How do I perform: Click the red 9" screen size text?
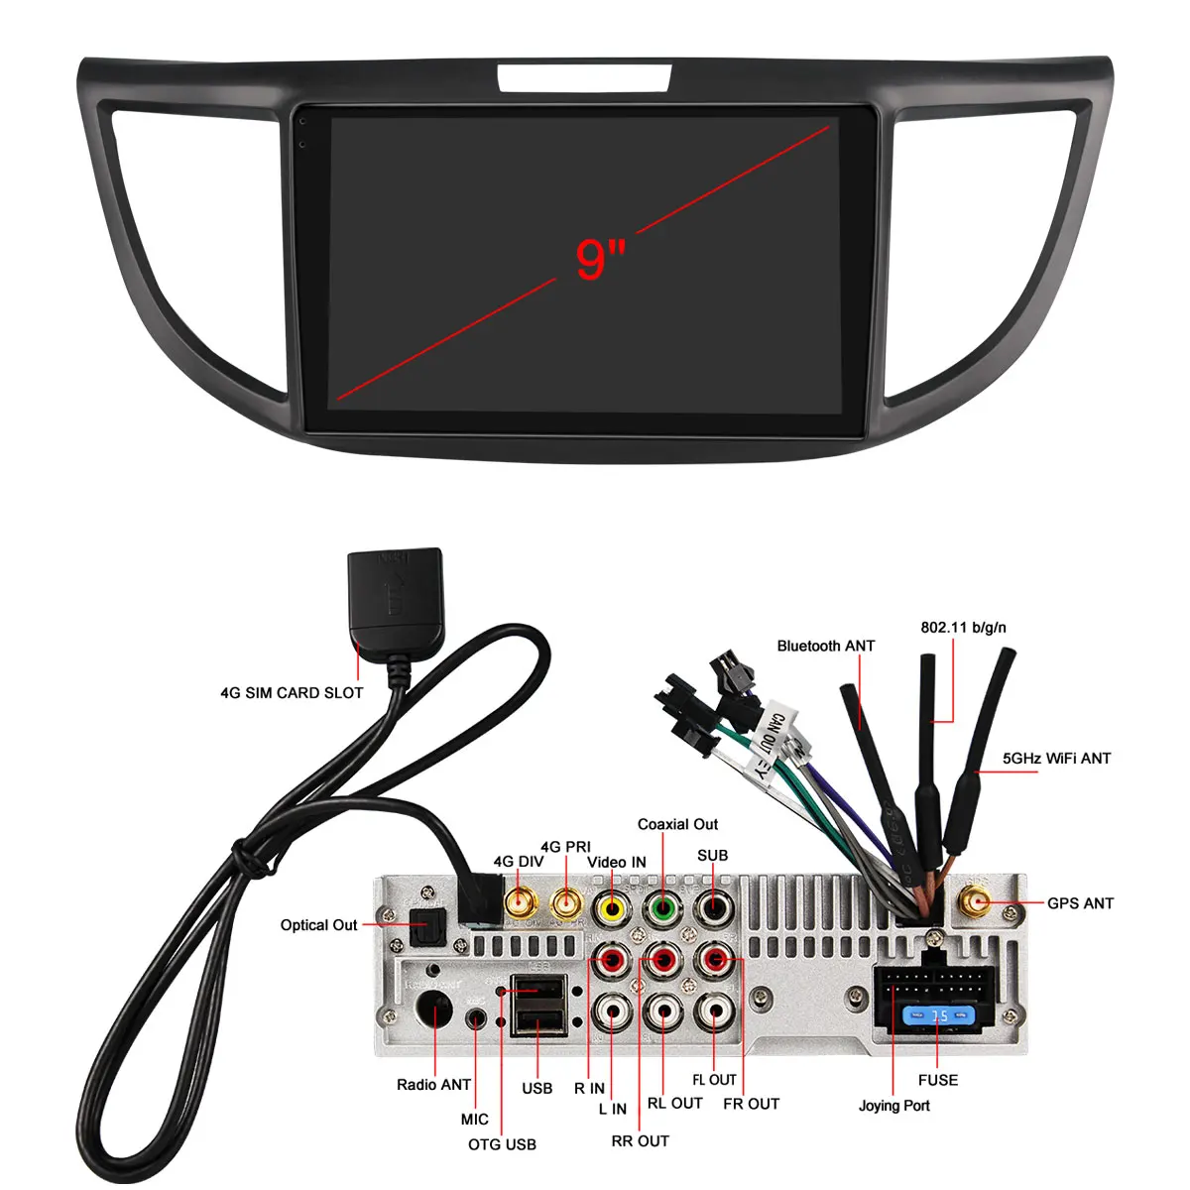[x=600, y=259]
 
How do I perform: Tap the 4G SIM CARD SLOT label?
[x=292, y=693]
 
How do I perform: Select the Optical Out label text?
[x=318, y=925]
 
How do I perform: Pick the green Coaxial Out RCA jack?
[x=662, y=906]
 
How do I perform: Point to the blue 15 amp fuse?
[x=938, y=1016]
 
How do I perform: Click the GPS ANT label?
[x=1080, y=903]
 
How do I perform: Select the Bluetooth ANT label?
[x=826, y=646]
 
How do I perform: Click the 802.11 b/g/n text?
[x=963, y=627]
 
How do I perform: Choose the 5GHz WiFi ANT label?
[x=1056, y=759]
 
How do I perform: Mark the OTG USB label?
[x=502, y=1144]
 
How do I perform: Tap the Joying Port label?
[x=893, y=1106]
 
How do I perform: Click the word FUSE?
[x=938, y=1080]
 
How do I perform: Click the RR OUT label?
[x=640, y=1141]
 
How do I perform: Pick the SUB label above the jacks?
[x=712, y=855]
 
